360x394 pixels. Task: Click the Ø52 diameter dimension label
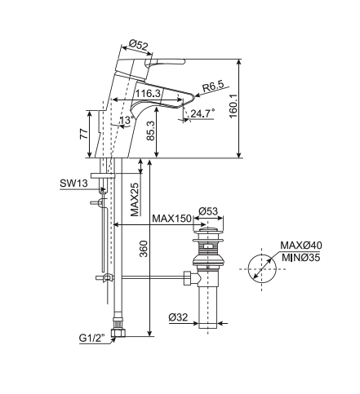point(138,46)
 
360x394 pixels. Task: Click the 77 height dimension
point(82,133)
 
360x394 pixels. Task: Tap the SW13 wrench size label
point(73,184)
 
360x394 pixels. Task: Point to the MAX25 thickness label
point(135,199)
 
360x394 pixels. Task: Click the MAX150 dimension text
point(171,219)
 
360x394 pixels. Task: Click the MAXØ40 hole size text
point(301,246)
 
